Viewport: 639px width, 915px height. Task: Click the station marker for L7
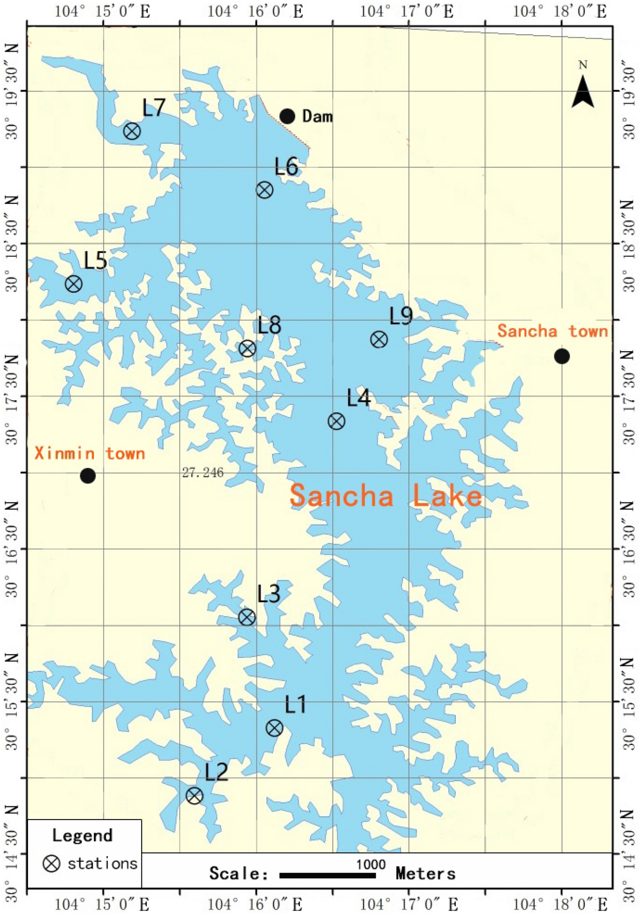coord(131,131)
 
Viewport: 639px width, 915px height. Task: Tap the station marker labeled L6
coord(265,190)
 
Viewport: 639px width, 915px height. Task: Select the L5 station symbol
coord(73,284)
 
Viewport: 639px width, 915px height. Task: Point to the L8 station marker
coord(247,349)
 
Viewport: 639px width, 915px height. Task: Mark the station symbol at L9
coord(379,339)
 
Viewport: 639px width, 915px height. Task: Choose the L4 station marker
coord(336,421)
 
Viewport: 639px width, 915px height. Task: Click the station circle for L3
coord(247,617)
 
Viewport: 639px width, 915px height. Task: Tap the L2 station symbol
coord(194,795)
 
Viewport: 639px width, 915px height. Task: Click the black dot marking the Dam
coord(288,116)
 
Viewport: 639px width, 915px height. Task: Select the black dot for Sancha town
coord(562,356)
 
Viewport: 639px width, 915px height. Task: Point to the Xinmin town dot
coord(88,476)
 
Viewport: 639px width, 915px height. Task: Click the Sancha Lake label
coord(385,495)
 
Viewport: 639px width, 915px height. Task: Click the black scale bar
coord(327,875)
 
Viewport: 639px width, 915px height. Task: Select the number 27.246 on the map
coord(203,473)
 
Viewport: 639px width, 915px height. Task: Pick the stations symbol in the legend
coord(51,863)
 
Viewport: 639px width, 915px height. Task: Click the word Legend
coord(82,835)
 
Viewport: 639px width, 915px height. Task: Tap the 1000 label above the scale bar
coord(371,864)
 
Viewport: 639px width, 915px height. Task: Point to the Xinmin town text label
coord(90,453)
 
